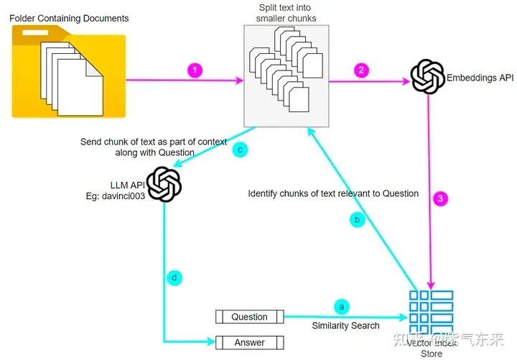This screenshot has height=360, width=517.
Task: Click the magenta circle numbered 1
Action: pyautogui.click(x=195, y=71)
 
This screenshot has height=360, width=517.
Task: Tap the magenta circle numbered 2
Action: pyautogui.click(x=361, y=70)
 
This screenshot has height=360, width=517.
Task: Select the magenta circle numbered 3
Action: pyautogui.click(x=439, y=198)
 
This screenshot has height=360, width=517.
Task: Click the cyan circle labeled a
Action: pyautogui.click(x=341, y=307)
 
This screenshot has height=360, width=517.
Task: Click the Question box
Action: pyautogui.click(x=250, y=317)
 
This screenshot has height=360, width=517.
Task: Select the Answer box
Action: pyautogui.click(x=250, y=342)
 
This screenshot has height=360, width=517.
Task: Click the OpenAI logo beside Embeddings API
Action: pyautogui.click(x=427, y=77)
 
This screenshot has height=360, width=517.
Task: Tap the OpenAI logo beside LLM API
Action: pyautogui.click(x=163, y=184)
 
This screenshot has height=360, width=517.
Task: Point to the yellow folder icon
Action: pyautogui.click(x=69, y=71)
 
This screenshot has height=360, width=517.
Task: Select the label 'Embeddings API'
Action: pyautogui.click(x=481, y=78)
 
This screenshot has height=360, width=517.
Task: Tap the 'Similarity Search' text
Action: pyautogui.click(x=345, y=326)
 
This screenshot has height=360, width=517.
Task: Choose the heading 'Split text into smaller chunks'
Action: pyautogui.click(x=287, y=12)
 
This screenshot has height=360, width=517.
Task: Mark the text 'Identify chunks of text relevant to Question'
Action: pyautogui.click(x=333, y=193)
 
